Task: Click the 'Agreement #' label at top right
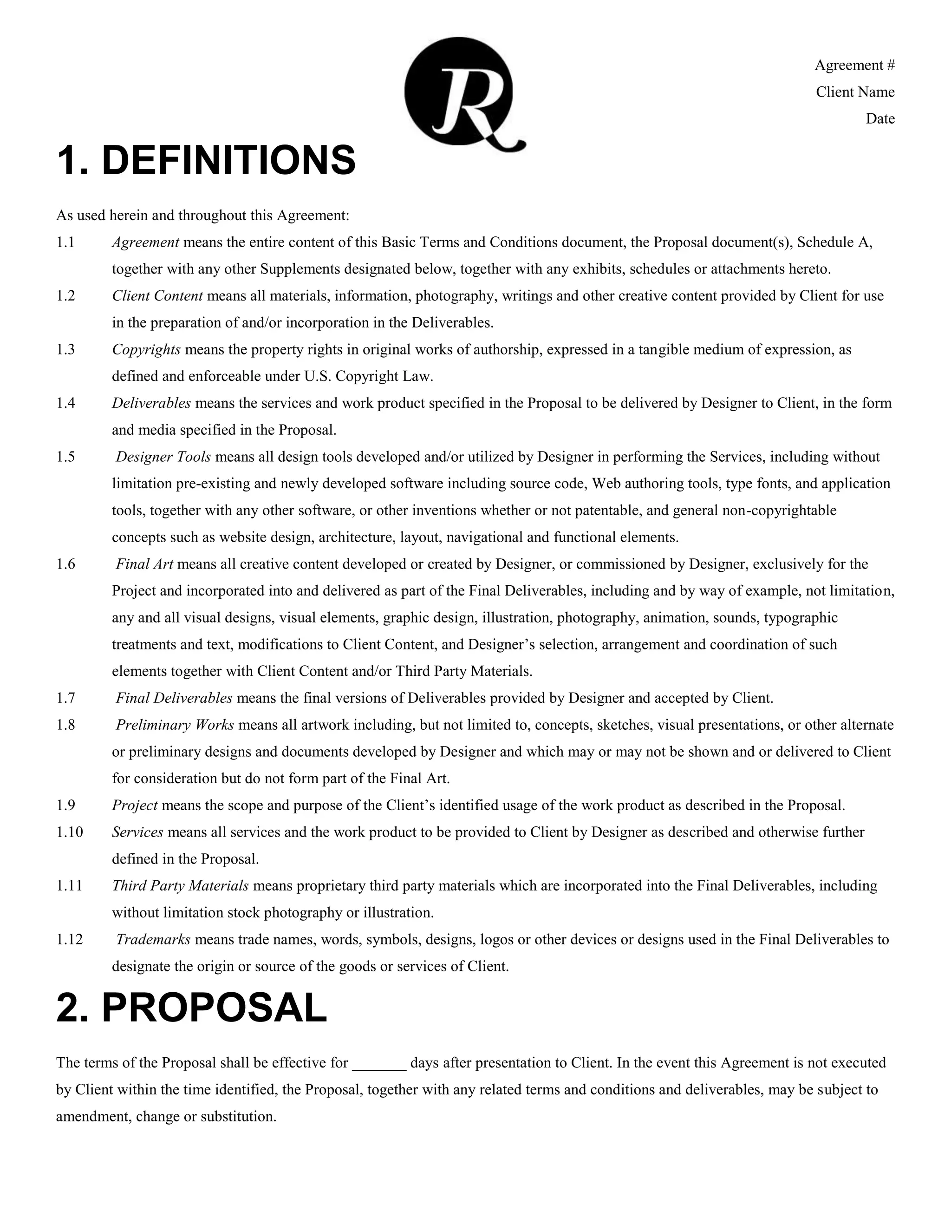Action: tap(854, 65)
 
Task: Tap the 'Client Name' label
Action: tap(855, 92)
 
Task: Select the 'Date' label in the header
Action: tap(880, 119)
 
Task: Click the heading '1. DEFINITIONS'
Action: tap(206, 161)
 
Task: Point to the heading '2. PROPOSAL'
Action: tap(192, 1008)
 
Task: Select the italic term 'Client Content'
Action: tap(157, 296)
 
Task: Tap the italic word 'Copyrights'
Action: tap(146, 349)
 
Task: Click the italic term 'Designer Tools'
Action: tap(163, 457)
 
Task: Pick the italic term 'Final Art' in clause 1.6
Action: tap(144, 564)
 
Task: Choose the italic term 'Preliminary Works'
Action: tap(175, 725)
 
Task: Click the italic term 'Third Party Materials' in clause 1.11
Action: tap(180, 886)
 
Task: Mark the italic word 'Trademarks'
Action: tap(153, 940)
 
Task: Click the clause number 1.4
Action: tap(65, 404)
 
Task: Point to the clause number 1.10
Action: tap(69, 832)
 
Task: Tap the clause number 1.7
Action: tap(65, 698)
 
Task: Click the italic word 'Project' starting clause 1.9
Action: tap(135, 805)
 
